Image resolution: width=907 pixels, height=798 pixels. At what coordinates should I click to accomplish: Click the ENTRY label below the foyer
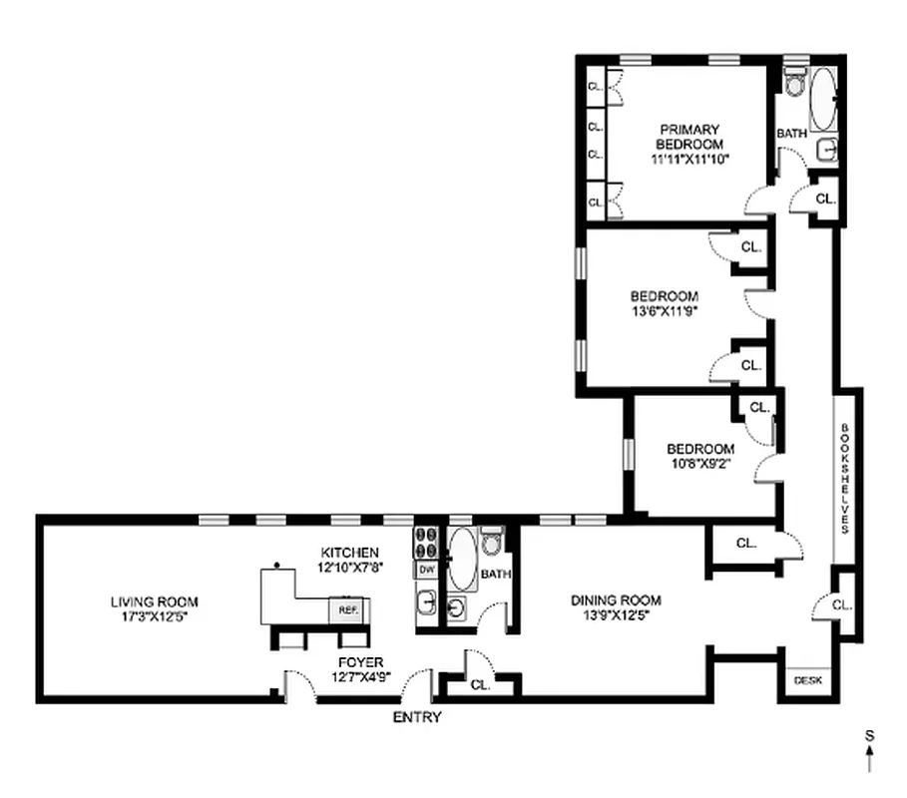click(x=416, y=716)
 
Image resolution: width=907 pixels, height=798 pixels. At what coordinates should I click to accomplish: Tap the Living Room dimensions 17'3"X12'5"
click(x=154, y=616)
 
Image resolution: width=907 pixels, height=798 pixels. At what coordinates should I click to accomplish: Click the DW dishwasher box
click(x=426, y=569)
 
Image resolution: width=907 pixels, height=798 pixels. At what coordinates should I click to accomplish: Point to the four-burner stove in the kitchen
click(x=426, y=542)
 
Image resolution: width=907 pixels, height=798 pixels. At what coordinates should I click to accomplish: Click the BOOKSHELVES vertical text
click(x=844, y=479)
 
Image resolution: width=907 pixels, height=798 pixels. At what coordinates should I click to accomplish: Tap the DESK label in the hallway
click(x=807, y=680)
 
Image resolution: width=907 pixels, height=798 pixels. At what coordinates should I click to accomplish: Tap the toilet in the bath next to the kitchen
click(x=491, y=544)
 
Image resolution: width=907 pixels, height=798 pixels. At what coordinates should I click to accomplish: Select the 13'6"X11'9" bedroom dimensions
click(x=664, y=311)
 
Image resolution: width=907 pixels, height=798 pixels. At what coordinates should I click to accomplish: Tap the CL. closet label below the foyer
click(x=480, y=685)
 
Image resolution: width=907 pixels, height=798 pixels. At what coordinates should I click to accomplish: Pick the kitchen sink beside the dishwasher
click(x=425, y=602)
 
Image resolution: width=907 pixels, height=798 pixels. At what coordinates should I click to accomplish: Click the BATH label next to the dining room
click(x=495, y=575)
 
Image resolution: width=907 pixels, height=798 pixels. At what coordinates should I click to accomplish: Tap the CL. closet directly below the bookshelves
click(x=840, y=603)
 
